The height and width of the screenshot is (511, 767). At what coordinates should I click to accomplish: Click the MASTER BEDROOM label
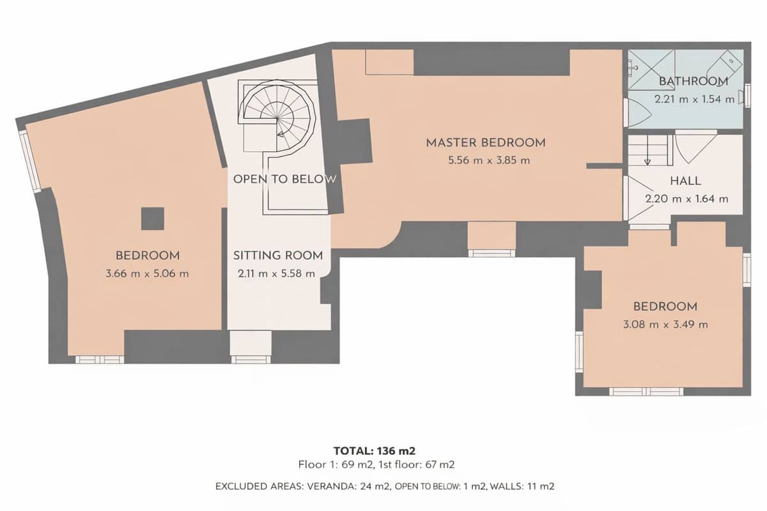(x=486, y=142)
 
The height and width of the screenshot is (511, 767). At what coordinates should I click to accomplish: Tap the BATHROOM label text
(x=693, y=81)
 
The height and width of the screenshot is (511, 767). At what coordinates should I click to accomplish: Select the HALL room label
(x=686, y=181)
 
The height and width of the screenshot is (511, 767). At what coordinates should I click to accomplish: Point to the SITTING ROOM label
(x=277, y=256)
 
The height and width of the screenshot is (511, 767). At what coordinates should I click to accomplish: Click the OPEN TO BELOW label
(x=284, y=179)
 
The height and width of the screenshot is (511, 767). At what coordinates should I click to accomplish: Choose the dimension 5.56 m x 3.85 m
(x=489, y=160)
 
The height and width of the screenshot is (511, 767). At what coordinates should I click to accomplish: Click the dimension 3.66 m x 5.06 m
(x=148, y=274)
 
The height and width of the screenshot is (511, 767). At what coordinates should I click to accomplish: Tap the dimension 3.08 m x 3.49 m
(x=665, y=324)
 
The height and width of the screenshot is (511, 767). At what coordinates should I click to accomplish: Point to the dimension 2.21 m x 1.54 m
(x=694, y=100)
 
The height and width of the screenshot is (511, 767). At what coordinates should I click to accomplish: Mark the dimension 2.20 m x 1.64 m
(x=686, y=199)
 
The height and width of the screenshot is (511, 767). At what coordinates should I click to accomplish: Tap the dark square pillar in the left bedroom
(x=153, y=219)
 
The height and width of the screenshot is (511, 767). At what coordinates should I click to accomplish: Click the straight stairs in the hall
(x=648, y=151)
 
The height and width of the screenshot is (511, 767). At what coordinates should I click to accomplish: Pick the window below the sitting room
(x=251, y=359)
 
